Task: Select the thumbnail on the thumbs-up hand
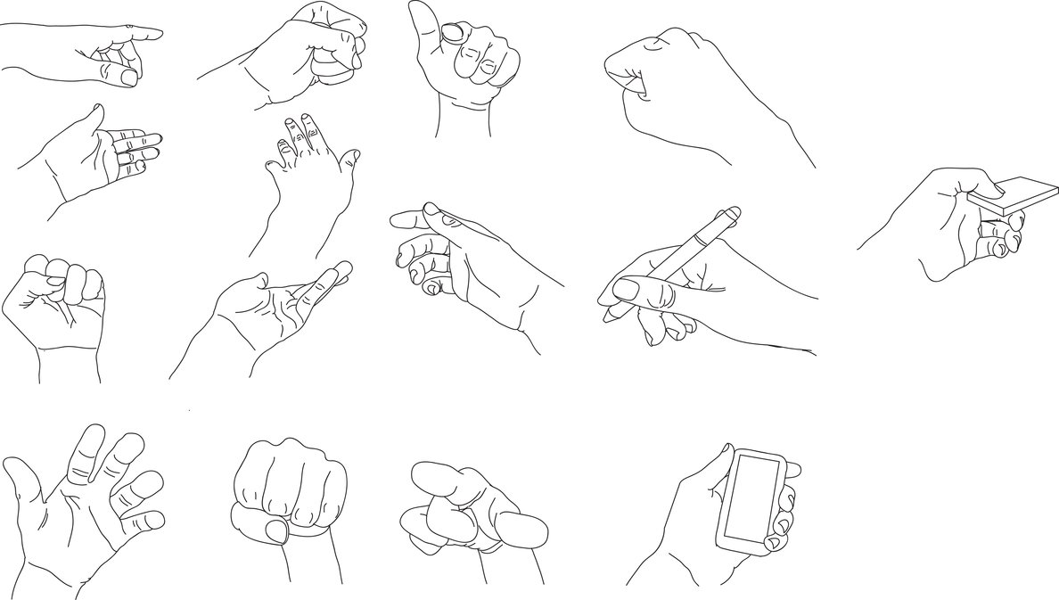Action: (454, 33)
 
